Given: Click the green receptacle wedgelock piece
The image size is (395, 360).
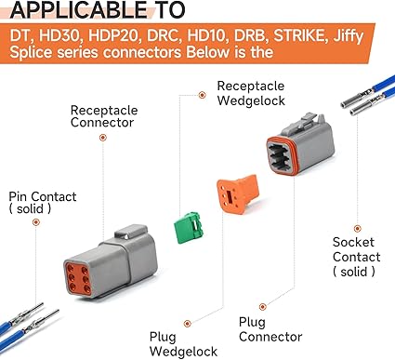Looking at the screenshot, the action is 188,227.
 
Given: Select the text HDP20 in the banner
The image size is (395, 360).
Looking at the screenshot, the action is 112,36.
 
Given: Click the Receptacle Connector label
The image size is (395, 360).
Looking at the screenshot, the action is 104,116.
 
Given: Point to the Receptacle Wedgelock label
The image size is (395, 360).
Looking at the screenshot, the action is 251,93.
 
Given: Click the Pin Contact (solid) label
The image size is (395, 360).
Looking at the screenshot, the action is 43,203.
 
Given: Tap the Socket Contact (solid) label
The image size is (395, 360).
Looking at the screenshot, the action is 356,257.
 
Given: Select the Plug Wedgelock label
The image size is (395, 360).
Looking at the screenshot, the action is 183,344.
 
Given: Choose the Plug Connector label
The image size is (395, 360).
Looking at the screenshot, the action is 270,329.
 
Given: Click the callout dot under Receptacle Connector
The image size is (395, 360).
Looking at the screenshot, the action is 103,138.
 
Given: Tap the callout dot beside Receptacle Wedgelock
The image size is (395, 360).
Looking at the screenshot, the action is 202,95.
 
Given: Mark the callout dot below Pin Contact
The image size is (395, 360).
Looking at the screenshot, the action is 36,222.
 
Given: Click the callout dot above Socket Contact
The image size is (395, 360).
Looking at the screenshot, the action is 357,229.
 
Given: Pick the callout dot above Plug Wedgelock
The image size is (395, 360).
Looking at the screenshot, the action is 187,324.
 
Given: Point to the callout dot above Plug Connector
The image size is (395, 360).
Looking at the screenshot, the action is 263,307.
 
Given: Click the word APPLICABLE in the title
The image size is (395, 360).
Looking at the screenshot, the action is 78,10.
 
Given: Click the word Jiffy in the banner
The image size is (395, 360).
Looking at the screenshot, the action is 348,36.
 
